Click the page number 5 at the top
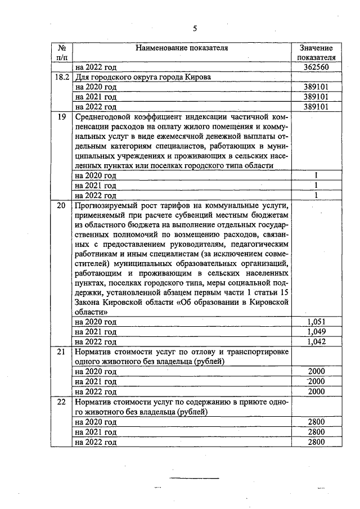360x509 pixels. point(195,28)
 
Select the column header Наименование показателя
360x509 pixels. point(182,48)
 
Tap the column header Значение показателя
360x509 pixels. point(316,53)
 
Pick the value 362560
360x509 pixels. point(316,67)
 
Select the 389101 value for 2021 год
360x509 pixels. point(316,97)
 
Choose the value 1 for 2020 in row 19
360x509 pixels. point(317,175)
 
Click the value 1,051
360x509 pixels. point(317,322)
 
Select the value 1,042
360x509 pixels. point(317,341)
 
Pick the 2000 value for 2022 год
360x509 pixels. point(317,391)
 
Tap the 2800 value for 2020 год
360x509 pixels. point(317,422)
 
